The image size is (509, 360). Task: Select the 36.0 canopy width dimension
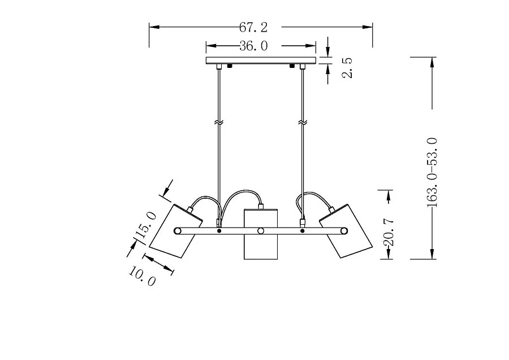click(x=253, y=46)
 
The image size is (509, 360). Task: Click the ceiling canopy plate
click(x=261, y=60)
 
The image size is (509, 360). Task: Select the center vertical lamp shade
click(x=261, y=234)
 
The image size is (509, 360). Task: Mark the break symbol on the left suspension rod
click(x=218, y=122)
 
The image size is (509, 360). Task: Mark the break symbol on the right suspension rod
click(x=303, y=122)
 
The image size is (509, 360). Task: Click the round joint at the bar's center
click(x=261, y=230)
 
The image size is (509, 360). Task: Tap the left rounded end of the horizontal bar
click(x=178, y=230)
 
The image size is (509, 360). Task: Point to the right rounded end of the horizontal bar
click(x=344, y=230)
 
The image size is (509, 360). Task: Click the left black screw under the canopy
click(x=230, y=66)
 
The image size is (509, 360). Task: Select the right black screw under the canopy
click(x=292, y=66)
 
